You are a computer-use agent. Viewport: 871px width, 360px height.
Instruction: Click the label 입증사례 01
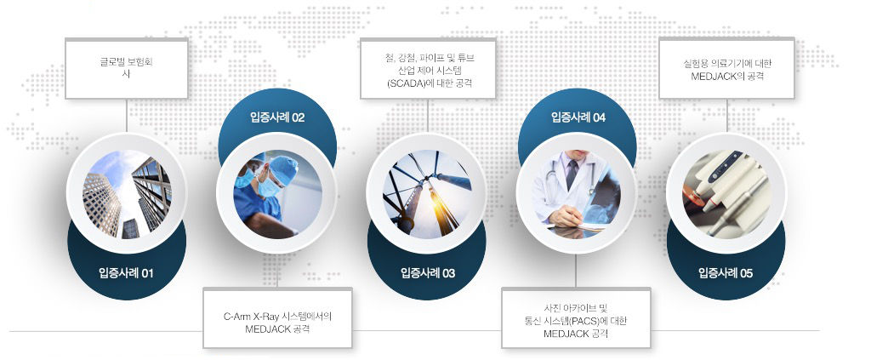[126, 273]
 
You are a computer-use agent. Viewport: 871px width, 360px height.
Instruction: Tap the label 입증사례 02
[277, 117]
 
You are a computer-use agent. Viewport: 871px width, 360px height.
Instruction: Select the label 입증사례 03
[428, 273]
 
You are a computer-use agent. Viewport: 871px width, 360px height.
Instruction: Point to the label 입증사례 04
[578, 117]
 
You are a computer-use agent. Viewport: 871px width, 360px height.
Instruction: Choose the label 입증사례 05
[726, 273]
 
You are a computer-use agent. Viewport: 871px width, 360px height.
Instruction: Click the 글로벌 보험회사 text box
[127, 68]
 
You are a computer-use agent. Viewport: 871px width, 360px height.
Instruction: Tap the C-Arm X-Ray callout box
[277, 317]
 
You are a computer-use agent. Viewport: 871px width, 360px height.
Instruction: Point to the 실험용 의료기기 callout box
[726, 68]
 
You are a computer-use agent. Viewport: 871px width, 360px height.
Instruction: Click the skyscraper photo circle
[127, 194]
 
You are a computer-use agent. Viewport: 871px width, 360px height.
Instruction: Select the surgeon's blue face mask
[269, 187]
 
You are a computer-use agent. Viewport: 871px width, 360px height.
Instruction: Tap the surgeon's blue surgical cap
[284, 169]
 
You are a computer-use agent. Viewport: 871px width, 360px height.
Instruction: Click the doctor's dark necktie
[572, 174]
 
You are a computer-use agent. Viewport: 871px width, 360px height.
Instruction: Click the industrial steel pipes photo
[427, 194]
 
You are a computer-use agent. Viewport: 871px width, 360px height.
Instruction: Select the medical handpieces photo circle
[726, 194]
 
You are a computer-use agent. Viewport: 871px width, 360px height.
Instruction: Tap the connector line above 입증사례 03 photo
[427, 116]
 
